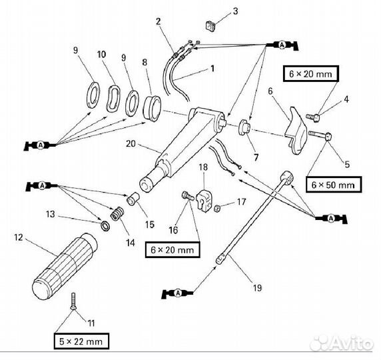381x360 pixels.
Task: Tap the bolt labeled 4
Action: coord(314,117)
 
